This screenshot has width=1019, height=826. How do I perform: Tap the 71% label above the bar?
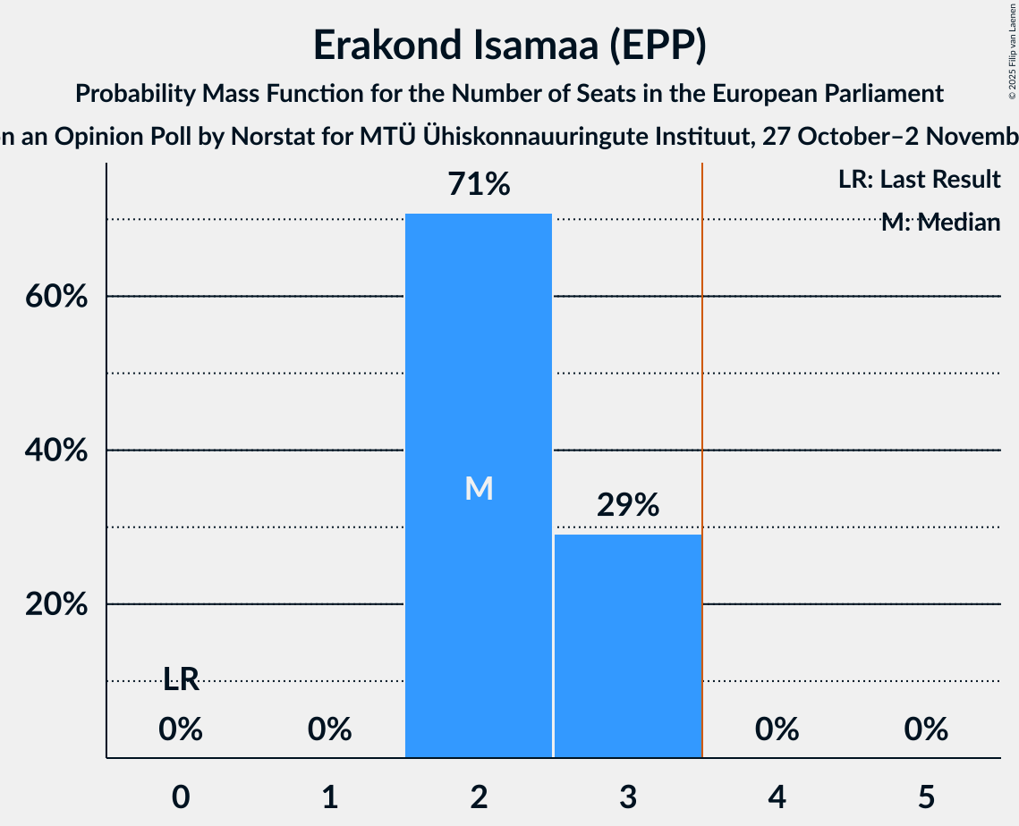point(479,185)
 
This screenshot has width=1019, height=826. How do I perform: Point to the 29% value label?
point(627,505)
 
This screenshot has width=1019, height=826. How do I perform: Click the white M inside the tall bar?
point(479,488)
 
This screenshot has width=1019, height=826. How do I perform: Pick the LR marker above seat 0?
point(181,680)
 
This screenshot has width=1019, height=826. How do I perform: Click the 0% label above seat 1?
point(329,729)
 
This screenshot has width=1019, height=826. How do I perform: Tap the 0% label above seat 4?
point(777,729)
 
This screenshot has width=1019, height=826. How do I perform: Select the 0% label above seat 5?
point(925,729)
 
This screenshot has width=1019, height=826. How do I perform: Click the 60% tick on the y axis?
point(55,297)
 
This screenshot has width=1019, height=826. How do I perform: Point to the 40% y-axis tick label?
point(55,451)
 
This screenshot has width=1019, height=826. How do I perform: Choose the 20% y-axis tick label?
point(55,604)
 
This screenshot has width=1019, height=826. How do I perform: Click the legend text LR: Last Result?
point(919,180)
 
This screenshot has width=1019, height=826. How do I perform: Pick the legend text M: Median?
point(940,223)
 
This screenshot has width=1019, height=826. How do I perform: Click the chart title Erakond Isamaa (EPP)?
point(509,46)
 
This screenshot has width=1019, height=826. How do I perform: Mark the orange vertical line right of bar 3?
point(702,447)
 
